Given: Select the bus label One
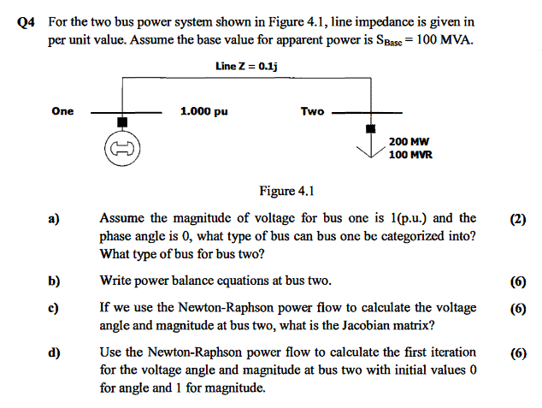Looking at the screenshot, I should tap(62, 111).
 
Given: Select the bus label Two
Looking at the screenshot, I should tap(312, 111).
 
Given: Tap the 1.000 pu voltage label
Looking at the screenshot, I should tap(204, 111).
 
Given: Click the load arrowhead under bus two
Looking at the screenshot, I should tap(370, 154).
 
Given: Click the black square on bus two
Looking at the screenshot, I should tap(370, 128).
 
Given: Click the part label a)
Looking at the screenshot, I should tap(54, 219).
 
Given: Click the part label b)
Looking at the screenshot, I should tap(54, 280).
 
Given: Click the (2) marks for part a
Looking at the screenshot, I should tap(517, 219).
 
